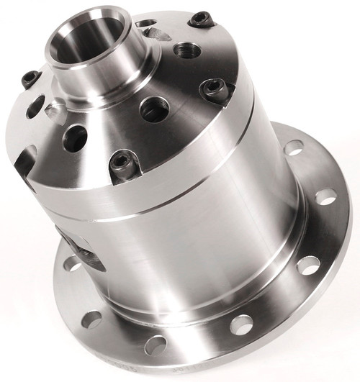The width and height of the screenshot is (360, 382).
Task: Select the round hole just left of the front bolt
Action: tap(75, 137)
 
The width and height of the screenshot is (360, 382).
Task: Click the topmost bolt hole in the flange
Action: tap(294, 148)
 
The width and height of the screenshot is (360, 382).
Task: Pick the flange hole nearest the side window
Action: tap(72, 263)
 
